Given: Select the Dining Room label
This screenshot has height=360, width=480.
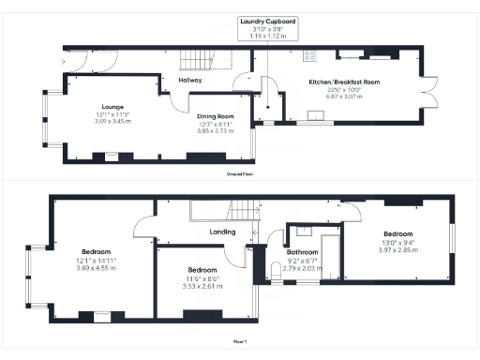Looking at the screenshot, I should (x=216, y=117).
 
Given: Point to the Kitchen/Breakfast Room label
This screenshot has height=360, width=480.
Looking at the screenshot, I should (x=344, y=82).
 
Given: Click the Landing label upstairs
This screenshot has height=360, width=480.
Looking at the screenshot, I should (x=222, y=232).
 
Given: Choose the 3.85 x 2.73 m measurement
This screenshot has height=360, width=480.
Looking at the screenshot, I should (x=216, y=131).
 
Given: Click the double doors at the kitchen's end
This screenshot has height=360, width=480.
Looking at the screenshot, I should (x=432, y=91).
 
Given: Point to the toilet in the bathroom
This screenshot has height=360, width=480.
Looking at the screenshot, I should (x=273, y=272).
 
